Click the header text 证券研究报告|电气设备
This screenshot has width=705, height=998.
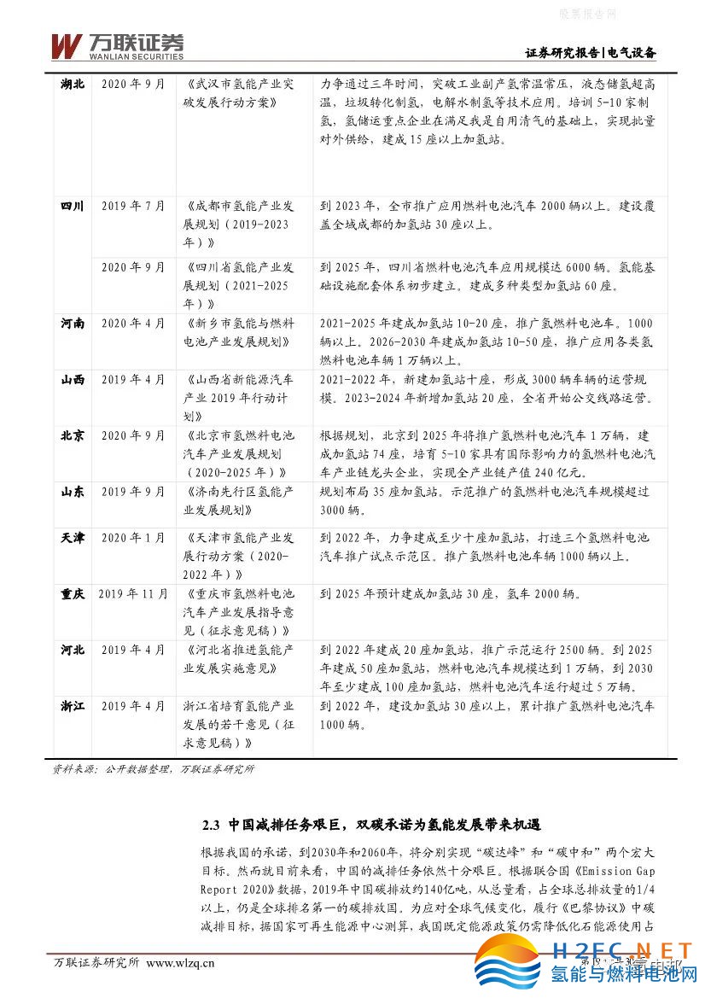coord(590,53)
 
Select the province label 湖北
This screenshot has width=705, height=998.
coord(73,85)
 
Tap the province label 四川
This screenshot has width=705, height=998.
coord(73,206)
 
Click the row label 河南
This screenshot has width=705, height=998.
coord(73,324)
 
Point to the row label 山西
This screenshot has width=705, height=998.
coord(73,380)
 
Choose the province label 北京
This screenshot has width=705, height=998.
coord(73,435)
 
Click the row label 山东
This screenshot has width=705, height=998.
coord(73,492)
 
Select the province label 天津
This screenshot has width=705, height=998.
coord(73,538)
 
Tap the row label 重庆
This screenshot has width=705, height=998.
coord(73,593)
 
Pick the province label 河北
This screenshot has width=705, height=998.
coord(73,650)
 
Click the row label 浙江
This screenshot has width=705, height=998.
coord(73,706)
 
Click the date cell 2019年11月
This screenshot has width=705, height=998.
coord(133,593)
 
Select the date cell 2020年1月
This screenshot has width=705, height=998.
coord(133,538)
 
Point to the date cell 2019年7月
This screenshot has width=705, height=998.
coord(133,206)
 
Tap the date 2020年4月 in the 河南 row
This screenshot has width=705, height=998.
coord(133,324)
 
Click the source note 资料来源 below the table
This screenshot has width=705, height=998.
coord(154,768)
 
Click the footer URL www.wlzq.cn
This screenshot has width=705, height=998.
coord(181,963)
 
